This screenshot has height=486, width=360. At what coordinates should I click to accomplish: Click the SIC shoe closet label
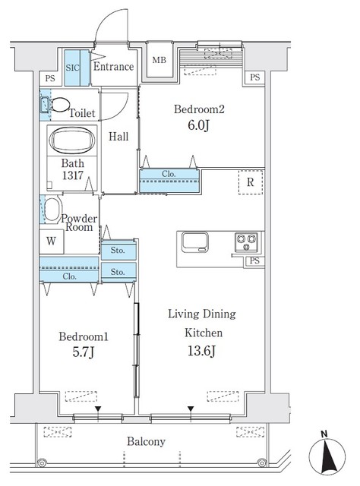click(x=72, y=68)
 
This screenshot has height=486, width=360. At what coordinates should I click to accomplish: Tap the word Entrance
click(x=113, y=67)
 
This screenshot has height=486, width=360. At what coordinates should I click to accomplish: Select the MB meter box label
click(x=159, y=60)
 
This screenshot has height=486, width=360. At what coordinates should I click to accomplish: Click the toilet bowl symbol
click(x=59, y=105)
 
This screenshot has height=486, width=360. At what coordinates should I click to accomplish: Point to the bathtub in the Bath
click(x=72, y=140)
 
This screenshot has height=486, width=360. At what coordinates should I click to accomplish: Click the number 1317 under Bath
click(x=73, y=175)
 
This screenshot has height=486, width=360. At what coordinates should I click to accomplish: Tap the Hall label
click(x=118, y=137)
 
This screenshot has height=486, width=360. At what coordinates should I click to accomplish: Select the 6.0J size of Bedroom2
click(x=198, y=125)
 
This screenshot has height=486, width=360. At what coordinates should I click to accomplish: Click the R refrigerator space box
click(x=251, y=182)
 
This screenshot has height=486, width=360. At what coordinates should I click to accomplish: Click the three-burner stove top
click(x=246, y=242)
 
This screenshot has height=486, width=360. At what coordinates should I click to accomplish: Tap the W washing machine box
click(x=52, y=241)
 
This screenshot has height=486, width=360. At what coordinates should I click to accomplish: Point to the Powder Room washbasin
click(x=52, y=210)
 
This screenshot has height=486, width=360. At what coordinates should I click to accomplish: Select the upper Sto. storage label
click(x=118, y=250)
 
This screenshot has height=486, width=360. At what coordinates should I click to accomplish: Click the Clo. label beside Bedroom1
click(x=69, y=276)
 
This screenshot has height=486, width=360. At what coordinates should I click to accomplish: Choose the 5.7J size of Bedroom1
click(x=83, y=352)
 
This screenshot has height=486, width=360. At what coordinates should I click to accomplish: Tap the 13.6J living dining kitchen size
click(x=201, y=351)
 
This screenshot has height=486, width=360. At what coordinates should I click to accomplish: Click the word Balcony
click(x=146, y=442)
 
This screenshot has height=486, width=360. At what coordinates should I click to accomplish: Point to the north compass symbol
click(x=327, y=456)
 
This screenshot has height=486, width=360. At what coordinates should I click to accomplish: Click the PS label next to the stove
click(x=254, y=261)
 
